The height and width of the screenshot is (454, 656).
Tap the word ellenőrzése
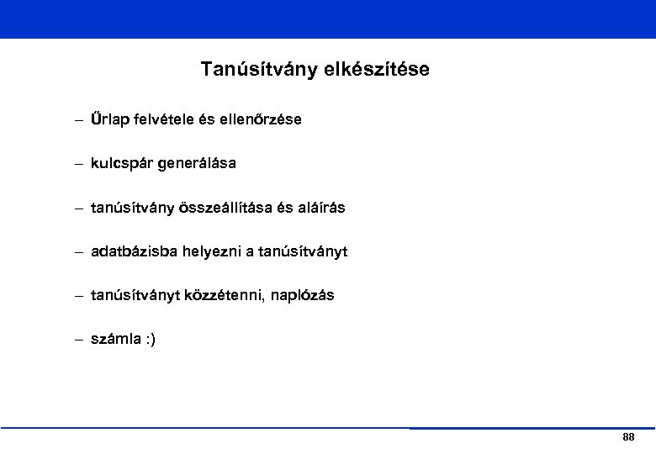click(260, 120)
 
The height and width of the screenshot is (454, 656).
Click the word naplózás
click(303, 295)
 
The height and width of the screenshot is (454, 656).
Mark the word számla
click(114, 339)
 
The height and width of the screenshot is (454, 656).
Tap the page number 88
click(627, 437)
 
